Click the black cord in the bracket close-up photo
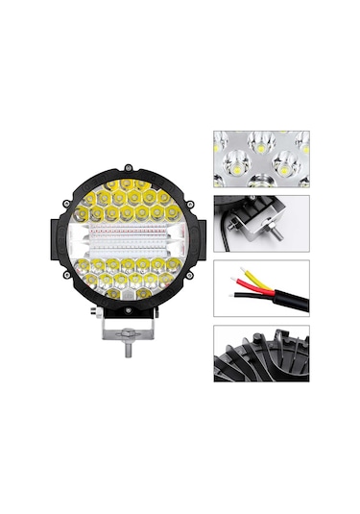click(228, 228)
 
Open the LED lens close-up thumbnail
click(261, 159)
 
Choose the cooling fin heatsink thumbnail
click(261, 355)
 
